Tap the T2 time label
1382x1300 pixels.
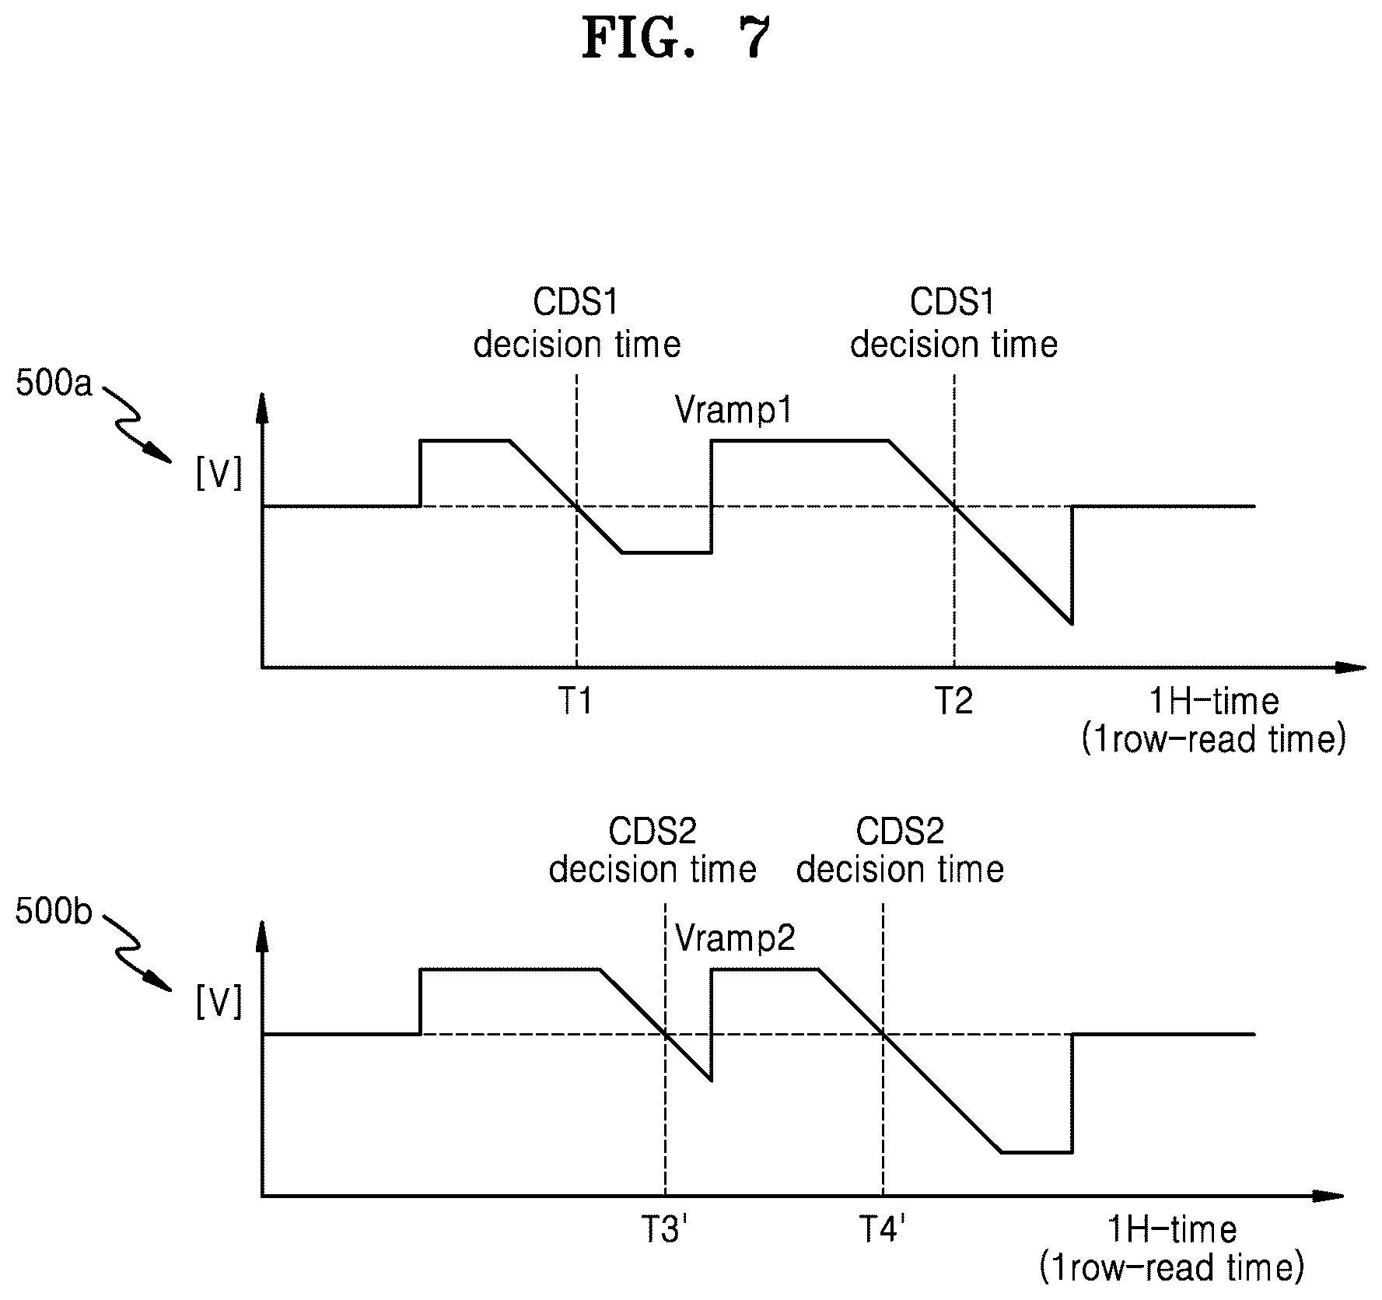click(953, 703)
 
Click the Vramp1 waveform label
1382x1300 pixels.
click(733, 409)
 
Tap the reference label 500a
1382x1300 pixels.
click(54, 384)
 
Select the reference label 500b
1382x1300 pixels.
click(54, 912)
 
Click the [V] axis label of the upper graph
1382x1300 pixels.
click(219, 473)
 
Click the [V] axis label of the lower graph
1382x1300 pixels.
click(219, 1001)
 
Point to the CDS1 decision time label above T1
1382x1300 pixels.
click(576, 323)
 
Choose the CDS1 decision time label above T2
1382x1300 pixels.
click(953, 323)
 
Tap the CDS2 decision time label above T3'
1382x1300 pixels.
click(653, 850)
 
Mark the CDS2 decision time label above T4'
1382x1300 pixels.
click(900, 850)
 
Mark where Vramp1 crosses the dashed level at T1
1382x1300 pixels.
click(576, 506)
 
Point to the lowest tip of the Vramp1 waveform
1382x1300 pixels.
click(1072, 623)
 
